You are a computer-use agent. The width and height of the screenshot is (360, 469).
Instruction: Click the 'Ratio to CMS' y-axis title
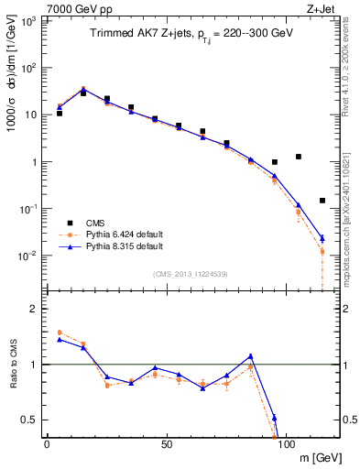pos(12,365)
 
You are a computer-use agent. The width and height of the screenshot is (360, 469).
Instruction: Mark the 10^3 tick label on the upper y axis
pos(29,21)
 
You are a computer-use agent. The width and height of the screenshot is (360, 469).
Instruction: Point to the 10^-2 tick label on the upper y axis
pos(29,256)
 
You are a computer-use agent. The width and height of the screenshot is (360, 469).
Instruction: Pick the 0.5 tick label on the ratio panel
pos(31,420)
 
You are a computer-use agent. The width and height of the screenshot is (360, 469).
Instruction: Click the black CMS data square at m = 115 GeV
pos(322,201)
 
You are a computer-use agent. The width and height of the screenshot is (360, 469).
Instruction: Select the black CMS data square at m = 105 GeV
pos(299,157)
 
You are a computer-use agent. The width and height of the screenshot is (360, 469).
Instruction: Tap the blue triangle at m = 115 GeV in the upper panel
pos(322,238)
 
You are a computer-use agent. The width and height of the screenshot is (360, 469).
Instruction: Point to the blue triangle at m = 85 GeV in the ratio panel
pos(250,356)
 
